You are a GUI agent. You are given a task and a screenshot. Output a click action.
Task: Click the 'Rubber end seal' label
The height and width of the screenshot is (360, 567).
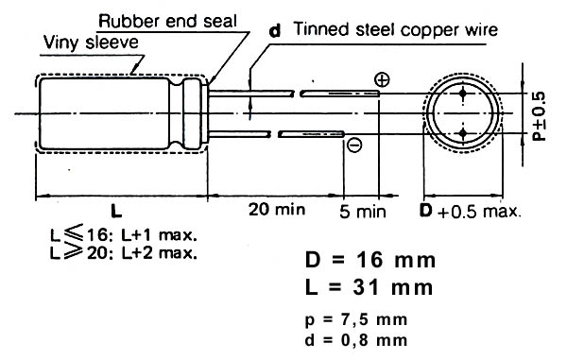(x=167, y=21)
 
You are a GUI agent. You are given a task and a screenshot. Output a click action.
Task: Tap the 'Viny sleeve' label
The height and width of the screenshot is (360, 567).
(x=91, y=43)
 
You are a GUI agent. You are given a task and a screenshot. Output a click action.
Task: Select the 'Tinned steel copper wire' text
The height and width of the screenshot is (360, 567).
(x=396, y=29)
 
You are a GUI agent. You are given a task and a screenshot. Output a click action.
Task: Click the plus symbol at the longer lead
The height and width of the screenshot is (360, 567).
(x=382, y=80)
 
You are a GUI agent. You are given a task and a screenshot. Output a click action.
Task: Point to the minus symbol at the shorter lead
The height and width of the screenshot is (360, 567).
(x=354, y=145)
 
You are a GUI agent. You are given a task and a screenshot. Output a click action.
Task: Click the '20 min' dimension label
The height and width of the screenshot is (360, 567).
(x=277, y=209)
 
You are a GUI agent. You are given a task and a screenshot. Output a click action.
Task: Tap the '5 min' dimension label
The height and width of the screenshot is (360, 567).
(x=363, y=211)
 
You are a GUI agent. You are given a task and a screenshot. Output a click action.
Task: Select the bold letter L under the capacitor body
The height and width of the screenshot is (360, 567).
(x=116, y=211)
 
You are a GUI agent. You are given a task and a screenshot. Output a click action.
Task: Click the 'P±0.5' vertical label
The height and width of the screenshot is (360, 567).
(x=540, y=116)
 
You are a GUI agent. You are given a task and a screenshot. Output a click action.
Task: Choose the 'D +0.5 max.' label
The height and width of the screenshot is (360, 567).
(x=471, y=211)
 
